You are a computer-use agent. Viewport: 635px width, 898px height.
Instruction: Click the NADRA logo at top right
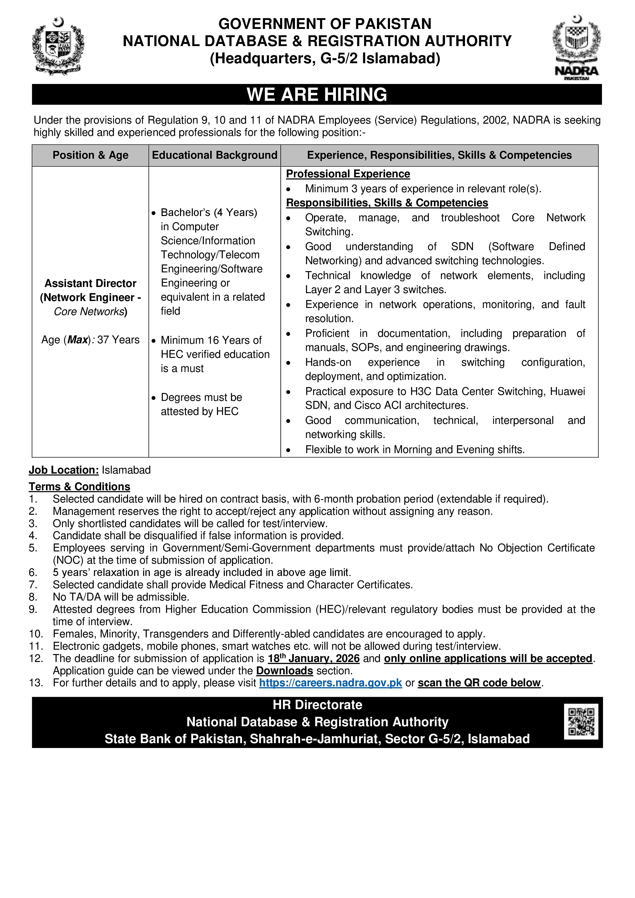tap(576, 47)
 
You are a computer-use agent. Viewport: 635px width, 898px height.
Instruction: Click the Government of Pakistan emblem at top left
tap(58, 46)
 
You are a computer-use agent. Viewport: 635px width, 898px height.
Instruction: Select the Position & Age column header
tap(90, 155)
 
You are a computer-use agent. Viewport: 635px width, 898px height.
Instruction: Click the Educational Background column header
tap(214, 155)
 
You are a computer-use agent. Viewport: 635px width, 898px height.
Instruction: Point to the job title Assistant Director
tap(90, 283)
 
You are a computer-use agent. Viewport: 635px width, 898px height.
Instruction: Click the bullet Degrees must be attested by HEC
tap(201, 404)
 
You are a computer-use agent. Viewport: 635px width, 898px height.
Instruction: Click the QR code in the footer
tap(581, 722)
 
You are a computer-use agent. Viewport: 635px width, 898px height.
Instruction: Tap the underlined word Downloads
tap(284, 670)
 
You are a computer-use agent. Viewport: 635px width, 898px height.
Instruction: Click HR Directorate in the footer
tap(317, 704)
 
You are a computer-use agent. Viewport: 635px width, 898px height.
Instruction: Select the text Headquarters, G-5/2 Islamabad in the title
tap(325, 58)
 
